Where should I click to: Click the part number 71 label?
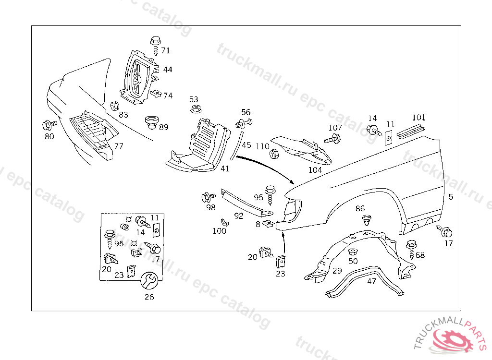click(165, 50)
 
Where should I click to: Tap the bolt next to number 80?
click(49, 125)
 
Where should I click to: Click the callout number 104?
click(315, 170)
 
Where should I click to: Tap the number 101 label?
click(418, 117)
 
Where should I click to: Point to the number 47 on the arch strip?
click(371, 281)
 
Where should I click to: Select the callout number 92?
click(239, 216)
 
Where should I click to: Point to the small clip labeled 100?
click(223, 222)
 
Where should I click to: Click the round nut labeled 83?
click(114, 106)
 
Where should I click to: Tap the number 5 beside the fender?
click(451, 197)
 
